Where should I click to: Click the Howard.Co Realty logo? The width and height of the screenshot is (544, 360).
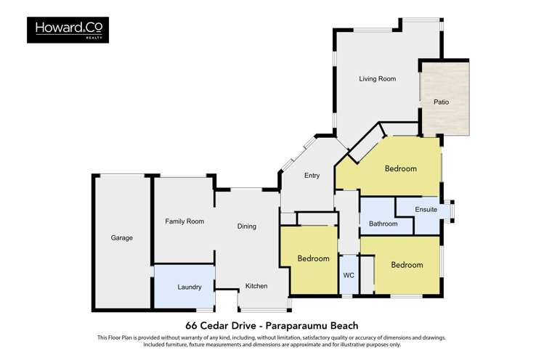pyautogui.click(x=68, y=30)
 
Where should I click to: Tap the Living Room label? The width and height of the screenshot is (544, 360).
pyautogui.click(x=377, y=78)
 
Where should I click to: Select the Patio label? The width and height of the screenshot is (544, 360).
pyautogui.click(x=441, y=102)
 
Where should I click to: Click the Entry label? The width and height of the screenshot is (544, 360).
pyautogui.click(x=312, y=176)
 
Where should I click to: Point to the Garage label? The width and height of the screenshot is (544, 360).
pyautogui.click(x=121, y=237)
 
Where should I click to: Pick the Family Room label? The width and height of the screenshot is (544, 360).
pyautogui.click(x=184, y=221)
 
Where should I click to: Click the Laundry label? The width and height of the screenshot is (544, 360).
pyautogui.click(x=189, y=287)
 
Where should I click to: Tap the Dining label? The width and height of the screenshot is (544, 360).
pyautogui.click(x=246, y=226)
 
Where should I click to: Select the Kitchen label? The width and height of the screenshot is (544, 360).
pyautogui.click(x=256, y=286)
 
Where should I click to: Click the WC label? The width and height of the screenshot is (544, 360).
pyautogui.click(x=348, y=276)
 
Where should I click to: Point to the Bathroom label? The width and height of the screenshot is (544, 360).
pyautogui.click(x=383, y=224)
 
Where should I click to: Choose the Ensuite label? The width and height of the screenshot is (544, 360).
pyautogui.click(x=426, y=210)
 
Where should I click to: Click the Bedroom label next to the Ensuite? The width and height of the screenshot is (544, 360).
pyautogui.click(x=400, y=168)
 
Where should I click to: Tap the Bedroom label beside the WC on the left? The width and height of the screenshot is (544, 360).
pyautogui.click(x=313, y=258)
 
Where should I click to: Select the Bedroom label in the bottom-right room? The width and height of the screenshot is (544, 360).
pyautogui.click(x=406, y=265)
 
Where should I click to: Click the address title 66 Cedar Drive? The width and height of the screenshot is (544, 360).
pyautogui.click(x=216, y=325)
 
